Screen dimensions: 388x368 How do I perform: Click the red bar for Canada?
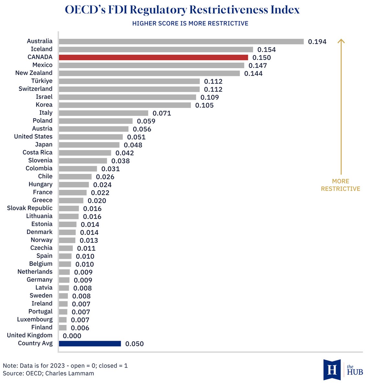[x=153, y=57]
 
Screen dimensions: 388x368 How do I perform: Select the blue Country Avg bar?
[x=90, y=344]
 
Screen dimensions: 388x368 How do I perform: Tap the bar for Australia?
[x=181, y=41]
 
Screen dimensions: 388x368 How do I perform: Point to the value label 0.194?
[x=317, y=42]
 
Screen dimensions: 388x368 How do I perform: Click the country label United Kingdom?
[x=29, y=335]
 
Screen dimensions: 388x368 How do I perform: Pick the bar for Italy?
[x=103, y=113]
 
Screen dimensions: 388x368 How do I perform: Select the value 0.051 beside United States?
[x=136, y=137]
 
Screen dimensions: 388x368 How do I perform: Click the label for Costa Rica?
[x=37, y=152]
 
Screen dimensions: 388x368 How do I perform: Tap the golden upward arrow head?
[x=341, y=41]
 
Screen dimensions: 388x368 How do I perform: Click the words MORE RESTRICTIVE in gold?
[x=340, y=185]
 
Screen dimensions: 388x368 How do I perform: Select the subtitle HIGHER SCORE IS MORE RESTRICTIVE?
[x=190, y=24]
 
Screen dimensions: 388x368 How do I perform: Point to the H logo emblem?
[x=332, y=369]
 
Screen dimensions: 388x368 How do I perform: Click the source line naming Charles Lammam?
[x=49, y=373]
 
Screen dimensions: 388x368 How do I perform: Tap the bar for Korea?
[x=125, y=105]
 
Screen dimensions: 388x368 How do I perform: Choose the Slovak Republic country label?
[x=29, y=208]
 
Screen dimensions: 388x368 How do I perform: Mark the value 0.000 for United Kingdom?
[x=72, y=336]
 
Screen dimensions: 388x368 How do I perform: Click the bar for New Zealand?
[x=149, y=73]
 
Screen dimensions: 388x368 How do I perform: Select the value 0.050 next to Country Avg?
[x=134, y=344]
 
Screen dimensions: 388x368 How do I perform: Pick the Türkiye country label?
[x=42, y=81]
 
